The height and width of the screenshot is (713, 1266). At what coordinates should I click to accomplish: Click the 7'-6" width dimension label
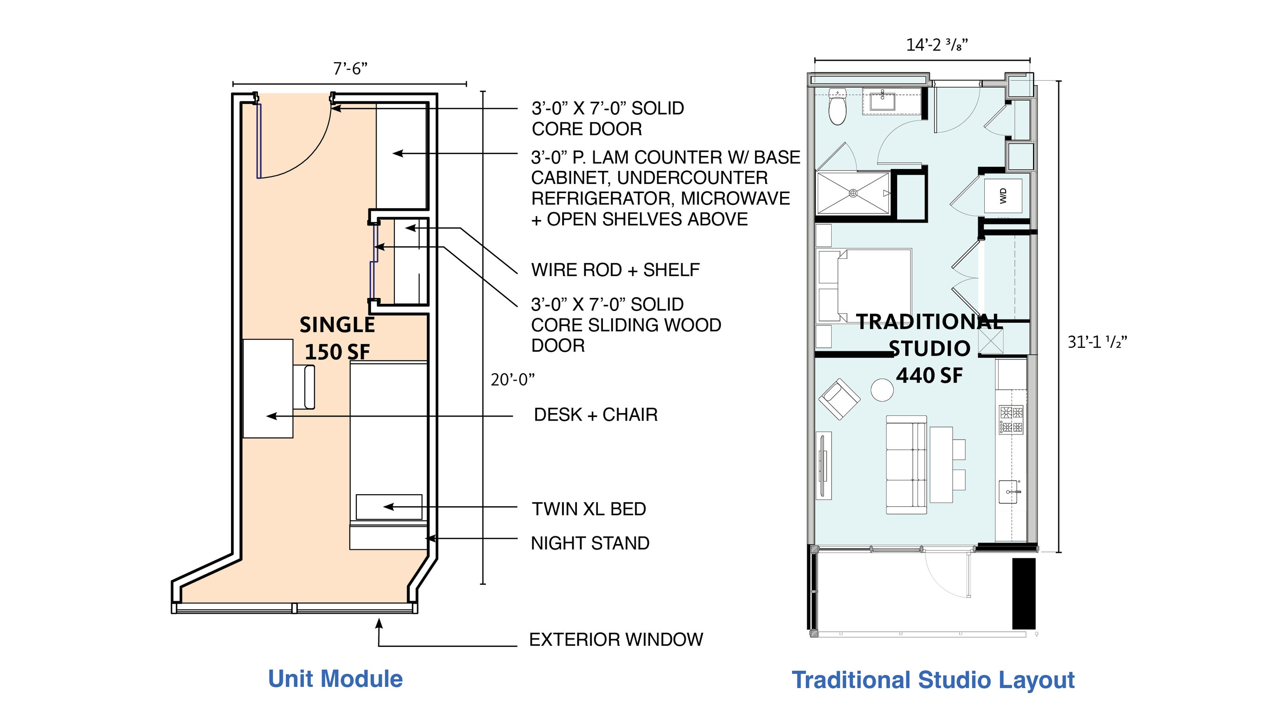[x=350, y=69]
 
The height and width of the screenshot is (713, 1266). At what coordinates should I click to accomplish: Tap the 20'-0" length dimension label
[x=513, y=379]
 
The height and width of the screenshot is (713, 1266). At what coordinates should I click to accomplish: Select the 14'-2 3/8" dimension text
[x=937, y=45]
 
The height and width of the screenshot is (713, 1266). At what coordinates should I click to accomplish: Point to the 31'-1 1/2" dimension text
[x=1097, y=341]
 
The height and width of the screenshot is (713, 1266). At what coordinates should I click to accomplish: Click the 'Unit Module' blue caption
[x=335, y=679]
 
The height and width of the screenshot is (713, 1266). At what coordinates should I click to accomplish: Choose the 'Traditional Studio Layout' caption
[x=933, y=681]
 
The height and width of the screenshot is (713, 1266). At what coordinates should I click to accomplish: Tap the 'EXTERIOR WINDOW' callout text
[x=616, y=640]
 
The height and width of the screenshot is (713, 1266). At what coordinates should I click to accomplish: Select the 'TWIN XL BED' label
[x=589, y=509]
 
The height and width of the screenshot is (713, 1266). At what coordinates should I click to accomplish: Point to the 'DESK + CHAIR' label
[x=596, y=415]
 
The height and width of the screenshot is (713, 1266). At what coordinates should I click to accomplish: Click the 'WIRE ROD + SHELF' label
[x=615, y=270]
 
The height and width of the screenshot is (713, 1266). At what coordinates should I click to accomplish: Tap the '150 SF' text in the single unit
[x=337, y=352]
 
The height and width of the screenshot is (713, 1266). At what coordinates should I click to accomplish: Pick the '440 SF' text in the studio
[x=929, y=375]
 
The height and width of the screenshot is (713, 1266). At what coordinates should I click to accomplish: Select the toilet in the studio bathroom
[x=837, y=106]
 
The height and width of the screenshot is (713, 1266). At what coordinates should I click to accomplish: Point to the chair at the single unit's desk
[x=304, y=387]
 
